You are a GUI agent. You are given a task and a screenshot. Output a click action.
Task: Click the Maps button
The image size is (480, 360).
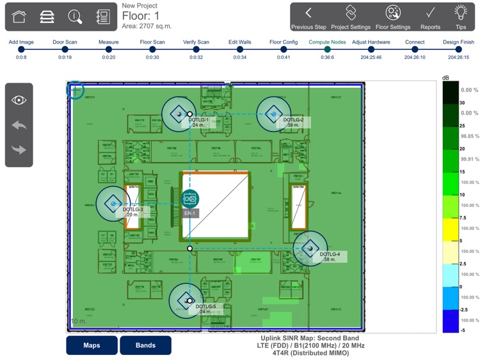pos(92,345)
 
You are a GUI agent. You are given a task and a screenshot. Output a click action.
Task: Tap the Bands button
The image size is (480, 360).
pos(145,345)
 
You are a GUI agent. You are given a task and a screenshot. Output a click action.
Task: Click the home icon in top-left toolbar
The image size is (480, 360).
pos(19,17)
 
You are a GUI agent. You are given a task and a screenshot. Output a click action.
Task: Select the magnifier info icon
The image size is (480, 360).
pos(76,17)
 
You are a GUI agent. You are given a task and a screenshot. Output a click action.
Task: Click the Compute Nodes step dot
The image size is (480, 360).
pos(327,49)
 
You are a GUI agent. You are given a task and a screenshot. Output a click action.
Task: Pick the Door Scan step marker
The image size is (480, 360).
pos(65,49)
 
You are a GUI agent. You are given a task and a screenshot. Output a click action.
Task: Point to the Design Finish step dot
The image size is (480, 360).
pos(458,49)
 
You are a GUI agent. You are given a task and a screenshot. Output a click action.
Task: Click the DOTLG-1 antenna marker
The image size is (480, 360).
pos(179,114)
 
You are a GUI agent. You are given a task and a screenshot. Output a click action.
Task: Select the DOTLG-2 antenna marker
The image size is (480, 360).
pos(274,114)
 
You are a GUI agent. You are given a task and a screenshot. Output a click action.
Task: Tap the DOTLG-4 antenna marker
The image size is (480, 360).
pos(310,248)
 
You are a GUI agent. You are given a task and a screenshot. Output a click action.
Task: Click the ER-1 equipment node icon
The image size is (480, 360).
pos(189,199)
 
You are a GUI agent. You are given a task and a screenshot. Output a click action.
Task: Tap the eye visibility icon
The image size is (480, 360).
pos(19,100)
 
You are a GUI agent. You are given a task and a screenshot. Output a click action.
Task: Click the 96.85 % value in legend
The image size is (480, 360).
pos(470,136)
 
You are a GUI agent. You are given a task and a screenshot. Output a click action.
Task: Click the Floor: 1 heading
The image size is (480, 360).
pos(141,16)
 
